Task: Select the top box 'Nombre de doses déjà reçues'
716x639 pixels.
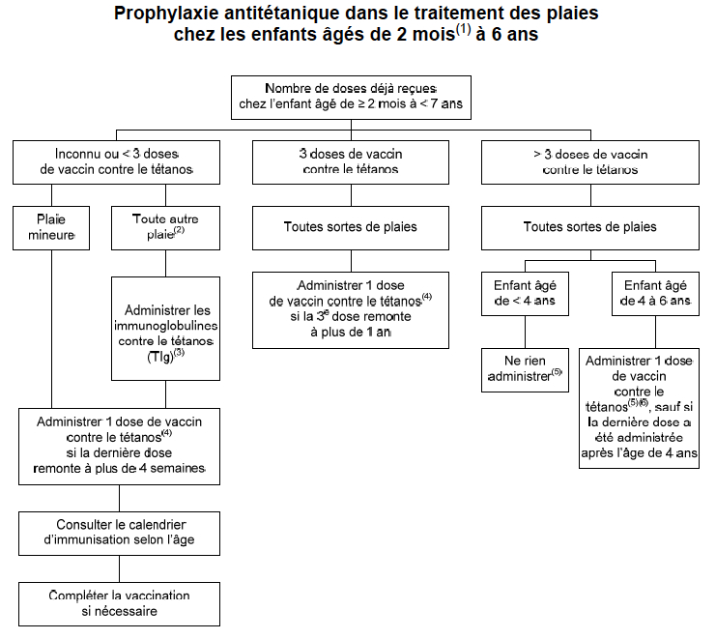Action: tap(351, 98)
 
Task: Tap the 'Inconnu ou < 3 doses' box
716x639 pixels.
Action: tap(116, 162)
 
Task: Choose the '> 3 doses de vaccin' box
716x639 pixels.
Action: tap(590, 162)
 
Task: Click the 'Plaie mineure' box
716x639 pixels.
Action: tap(51, 228)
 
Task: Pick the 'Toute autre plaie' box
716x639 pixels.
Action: tap(165, 228)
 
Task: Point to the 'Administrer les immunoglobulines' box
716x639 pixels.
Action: tap(165, 329)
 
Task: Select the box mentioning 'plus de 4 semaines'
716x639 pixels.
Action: tap(119, 447)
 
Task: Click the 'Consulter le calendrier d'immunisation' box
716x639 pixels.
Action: tap(119, 533)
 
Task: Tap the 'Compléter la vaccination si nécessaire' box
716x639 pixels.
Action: tap(119, 604)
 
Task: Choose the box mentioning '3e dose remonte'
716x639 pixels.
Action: tap(351, 310)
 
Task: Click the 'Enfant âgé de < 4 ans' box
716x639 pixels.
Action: tap(525, 294)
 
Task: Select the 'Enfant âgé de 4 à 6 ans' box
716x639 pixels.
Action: tap(655, 294)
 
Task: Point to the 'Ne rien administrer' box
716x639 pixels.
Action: tap(525, 370)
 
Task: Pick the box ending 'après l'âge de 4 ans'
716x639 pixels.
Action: tap(639, 408)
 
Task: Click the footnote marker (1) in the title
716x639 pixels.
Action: tap(463, 29)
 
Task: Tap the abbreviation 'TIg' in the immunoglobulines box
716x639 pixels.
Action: tap(159, 357)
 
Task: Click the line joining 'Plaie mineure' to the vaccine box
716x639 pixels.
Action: tap(51, 329)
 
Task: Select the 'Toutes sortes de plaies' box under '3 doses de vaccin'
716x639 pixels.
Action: tap(351, 228)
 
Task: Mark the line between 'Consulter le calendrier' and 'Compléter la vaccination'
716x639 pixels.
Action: tap(119, 568)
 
